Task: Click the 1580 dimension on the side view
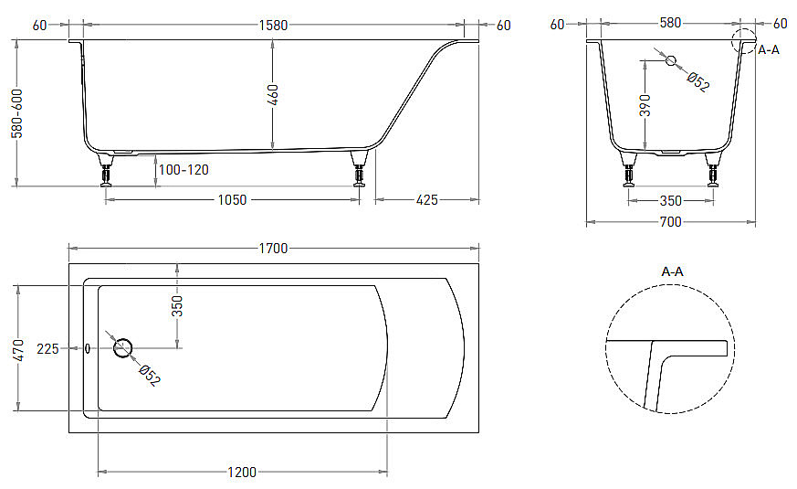272,25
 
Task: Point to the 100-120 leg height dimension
183,170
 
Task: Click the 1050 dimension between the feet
232,199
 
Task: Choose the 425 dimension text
426,199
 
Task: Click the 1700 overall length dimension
273,248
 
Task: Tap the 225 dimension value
47,348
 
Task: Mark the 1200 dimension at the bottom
242,472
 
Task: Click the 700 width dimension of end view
670,222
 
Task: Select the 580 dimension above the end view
670,24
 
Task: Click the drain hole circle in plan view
122,347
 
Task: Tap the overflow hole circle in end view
671,60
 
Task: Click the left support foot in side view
107,171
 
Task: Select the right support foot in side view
359,171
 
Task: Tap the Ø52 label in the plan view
149,375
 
